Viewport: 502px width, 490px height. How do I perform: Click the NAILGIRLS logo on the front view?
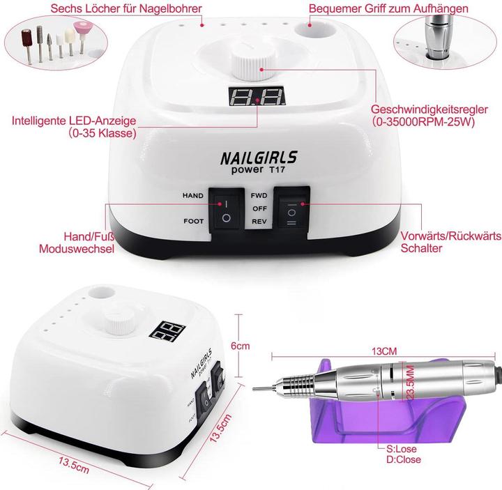pos(259,158)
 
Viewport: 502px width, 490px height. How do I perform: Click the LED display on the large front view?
pos(257,96)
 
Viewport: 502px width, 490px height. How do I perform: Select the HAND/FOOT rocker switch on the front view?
pos(227,210)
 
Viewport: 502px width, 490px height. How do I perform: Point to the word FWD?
pos(259,196)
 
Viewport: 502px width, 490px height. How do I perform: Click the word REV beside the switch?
pos(259,221)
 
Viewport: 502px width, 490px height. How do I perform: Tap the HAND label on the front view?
pos(192,196)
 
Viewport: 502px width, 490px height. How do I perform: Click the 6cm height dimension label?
pos(240,346)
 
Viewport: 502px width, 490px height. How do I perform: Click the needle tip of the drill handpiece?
pos(254,389)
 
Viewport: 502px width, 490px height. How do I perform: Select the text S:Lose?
pos(402,449)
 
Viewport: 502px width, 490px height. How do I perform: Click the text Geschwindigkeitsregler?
pos(429,109)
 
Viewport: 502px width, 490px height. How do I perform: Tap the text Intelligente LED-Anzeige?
pos(74,121)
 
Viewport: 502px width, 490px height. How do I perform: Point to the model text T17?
pos(277,169)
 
